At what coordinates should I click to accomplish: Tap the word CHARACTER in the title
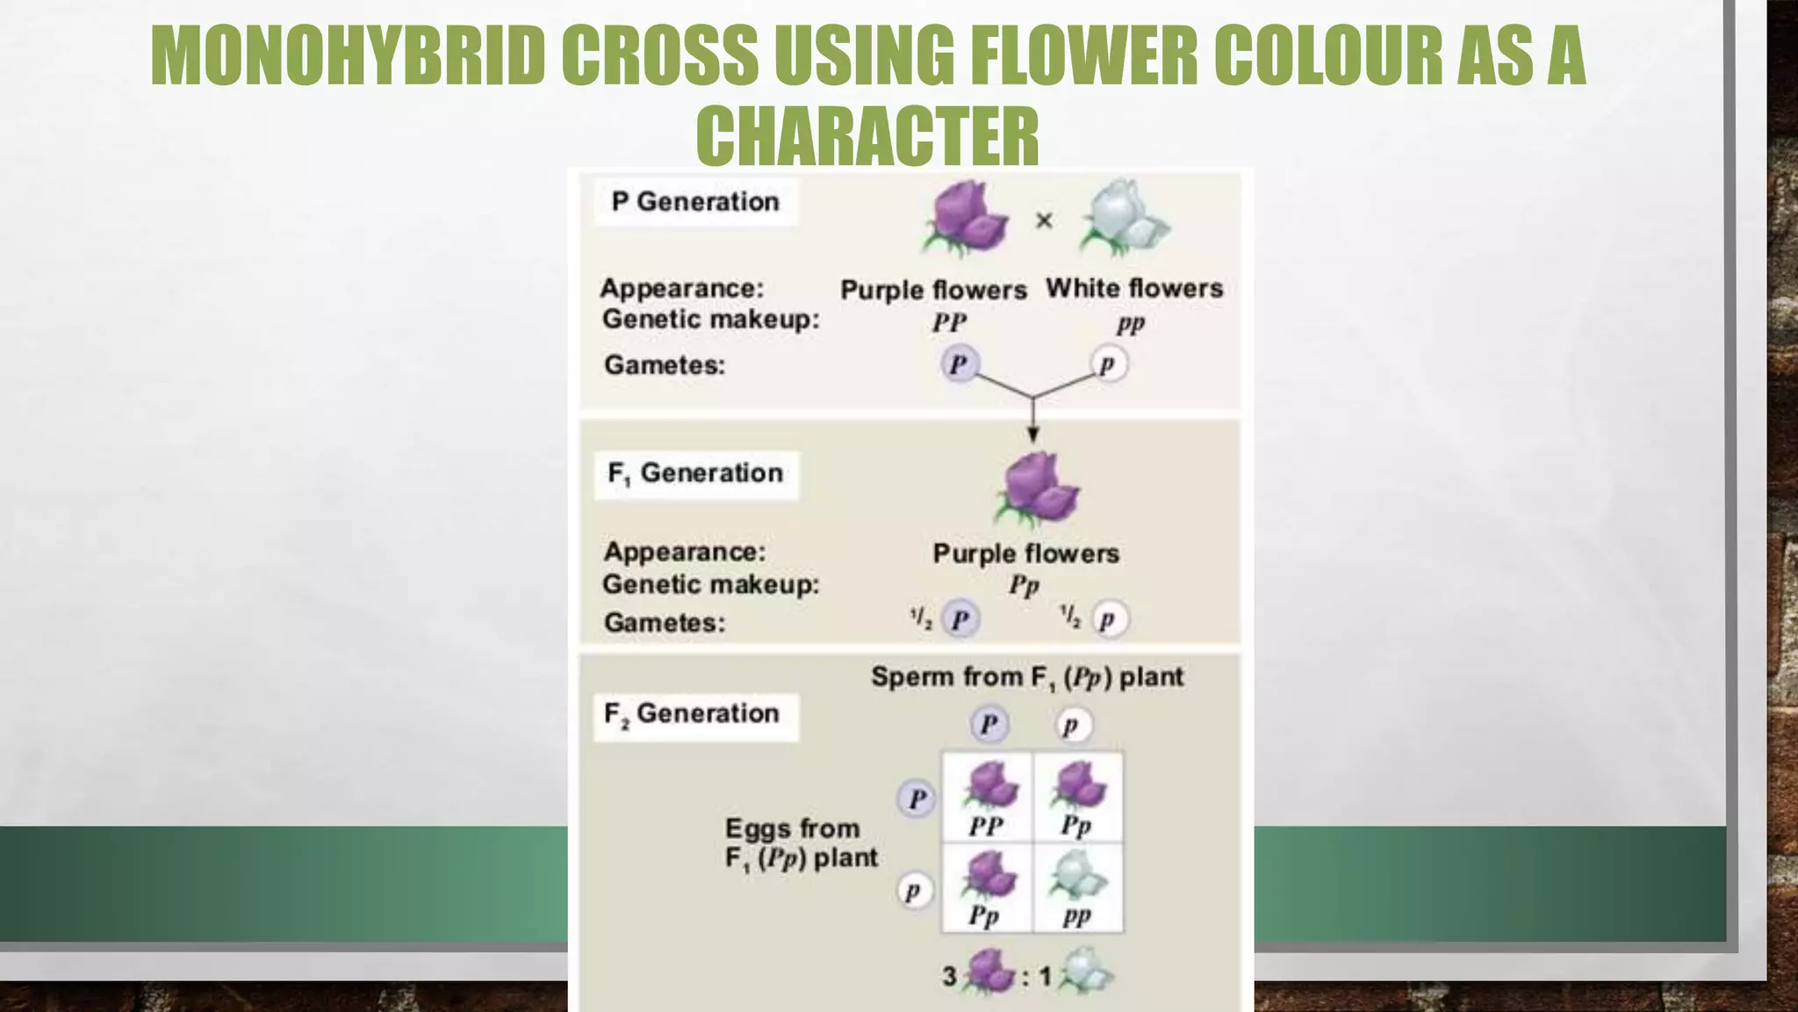tap(867, 135)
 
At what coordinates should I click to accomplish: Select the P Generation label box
tap(695, 202)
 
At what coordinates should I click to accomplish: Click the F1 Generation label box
tap(695, 474)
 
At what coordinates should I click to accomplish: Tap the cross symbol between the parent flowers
tap(1044, 220)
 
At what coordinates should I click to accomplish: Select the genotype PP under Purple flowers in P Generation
tap(949, 323)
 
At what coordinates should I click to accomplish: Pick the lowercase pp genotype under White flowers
tap(1130, 324)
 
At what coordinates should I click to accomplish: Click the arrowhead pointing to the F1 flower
tap(1033, 434)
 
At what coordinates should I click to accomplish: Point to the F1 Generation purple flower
tap(1039, 488)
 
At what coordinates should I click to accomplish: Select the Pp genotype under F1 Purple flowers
tap(1024, 585)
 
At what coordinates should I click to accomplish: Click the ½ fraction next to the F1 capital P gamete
tap(921, 618)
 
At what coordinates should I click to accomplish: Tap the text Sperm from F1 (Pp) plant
tap(1026, 677)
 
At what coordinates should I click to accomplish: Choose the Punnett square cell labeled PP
tap(988, 798)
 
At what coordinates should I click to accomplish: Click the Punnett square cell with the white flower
tap(1078, 888)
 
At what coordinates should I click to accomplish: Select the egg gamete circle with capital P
tap(917, 799)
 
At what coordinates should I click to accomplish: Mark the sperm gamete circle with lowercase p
tap(1071, 726)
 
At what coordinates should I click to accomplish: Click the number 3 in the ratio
tap(949, 976)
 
